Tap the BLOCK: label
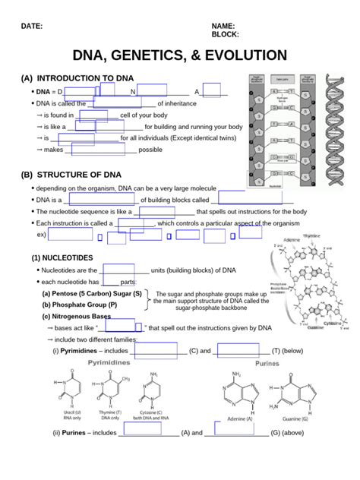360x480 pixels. click(229, 35)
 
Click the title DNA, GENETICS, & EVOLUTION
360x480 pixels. click(179, 56)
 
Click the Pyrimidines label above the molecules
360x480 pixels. click(114, 363)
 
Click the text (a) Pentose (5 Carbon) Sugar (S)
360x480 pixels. click(92, 293)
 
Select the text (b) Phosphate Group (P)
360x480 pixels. click(80, 305)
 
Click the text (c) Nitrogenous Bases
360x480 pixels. click(76, 316)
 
